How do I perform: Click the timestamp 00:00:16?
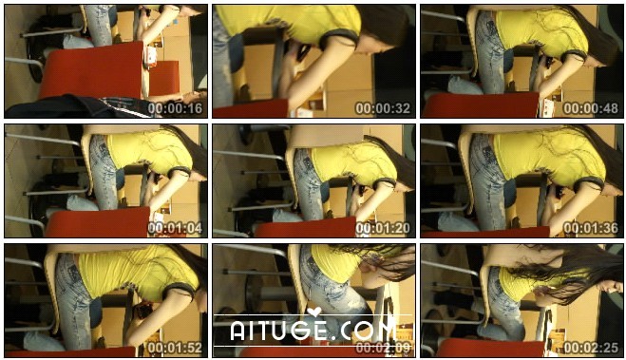(176, 108)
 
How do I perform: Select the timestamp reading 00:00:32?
(383, 108)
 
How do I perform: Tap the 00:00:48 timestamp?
(591, 108)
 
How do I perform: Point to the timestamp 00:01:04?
(176, 228)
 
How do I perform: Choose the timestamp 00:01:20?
(383, 228)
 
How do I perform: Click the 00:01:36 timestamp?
(591, 228)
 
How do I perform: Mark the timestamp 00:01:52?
(176, 348)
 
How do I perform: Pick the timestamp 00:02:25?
(591, 348)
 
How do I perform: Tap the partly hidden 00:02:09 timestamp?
(383, 348)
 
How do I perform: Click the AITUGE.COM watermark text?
(313, 330)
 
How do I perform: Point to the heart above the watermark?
(314, 312)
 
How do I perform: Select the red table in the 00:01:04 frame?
(98, 222)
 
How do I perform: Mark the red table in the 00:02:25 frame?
(491, 348)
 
